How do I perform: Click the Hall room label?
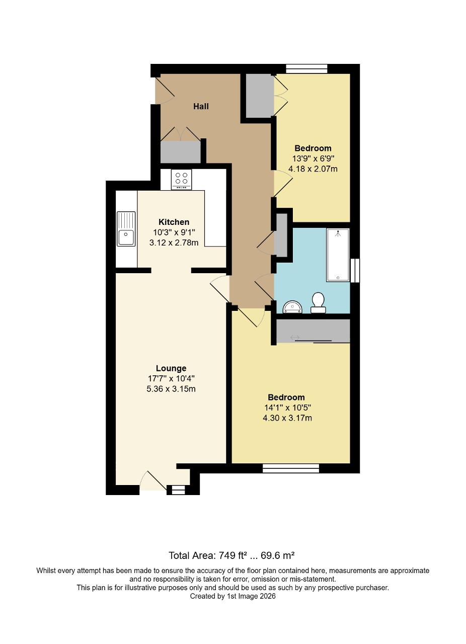(x=201, y=106)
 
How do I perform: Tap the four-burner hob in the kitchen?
(x=181, y=179)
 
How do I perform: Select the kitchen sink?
(x=126, y=229)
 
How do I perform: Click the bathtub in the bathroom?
(x=338, y=255)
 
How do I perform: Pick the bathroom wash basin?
(x=292, y=306)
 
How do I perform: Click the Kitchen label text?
(x=174, y=222)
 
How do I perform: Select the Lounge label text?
(x=171, y=368)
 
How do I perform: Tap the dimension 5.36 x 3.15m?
(x=171, y=389)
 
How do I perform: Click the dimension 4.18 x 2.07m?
(x=313, y=169)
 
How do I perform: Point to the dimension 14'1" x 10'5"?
(x=287, y=408)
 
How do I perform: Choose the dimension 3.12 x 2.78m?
(x=174, y=243)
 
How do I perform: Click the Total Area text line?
(x=231, y=555)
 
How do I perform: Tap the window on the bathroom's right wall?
(x=355, y=270)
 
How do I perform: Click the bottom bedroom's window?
(x=291, y=468)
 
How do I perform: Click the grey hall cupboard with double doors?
(x=180, y=151)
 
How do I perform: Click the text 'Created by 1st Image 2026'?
(x=232, y=596)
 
